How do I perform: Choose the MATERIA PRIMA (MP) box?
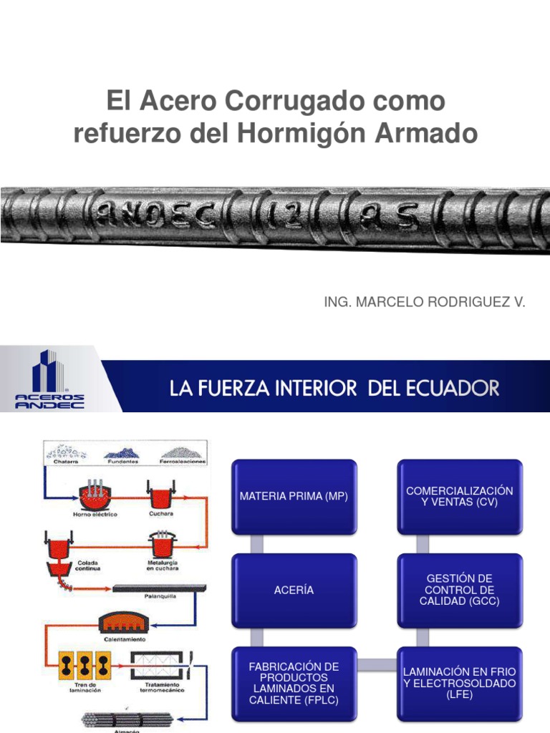[294, 497]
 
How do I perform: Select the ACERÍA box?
[294, 590]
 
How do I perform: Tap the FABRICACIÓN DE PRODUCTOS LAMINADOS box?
[294, 683]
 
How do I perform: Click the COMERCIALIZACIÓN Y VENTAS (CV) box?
[459, 497]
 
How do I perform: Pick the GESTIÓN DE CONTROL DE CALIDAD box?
[459, 590]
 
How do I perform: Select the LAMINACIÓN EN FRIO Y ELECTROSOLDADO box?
[459, 683]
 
